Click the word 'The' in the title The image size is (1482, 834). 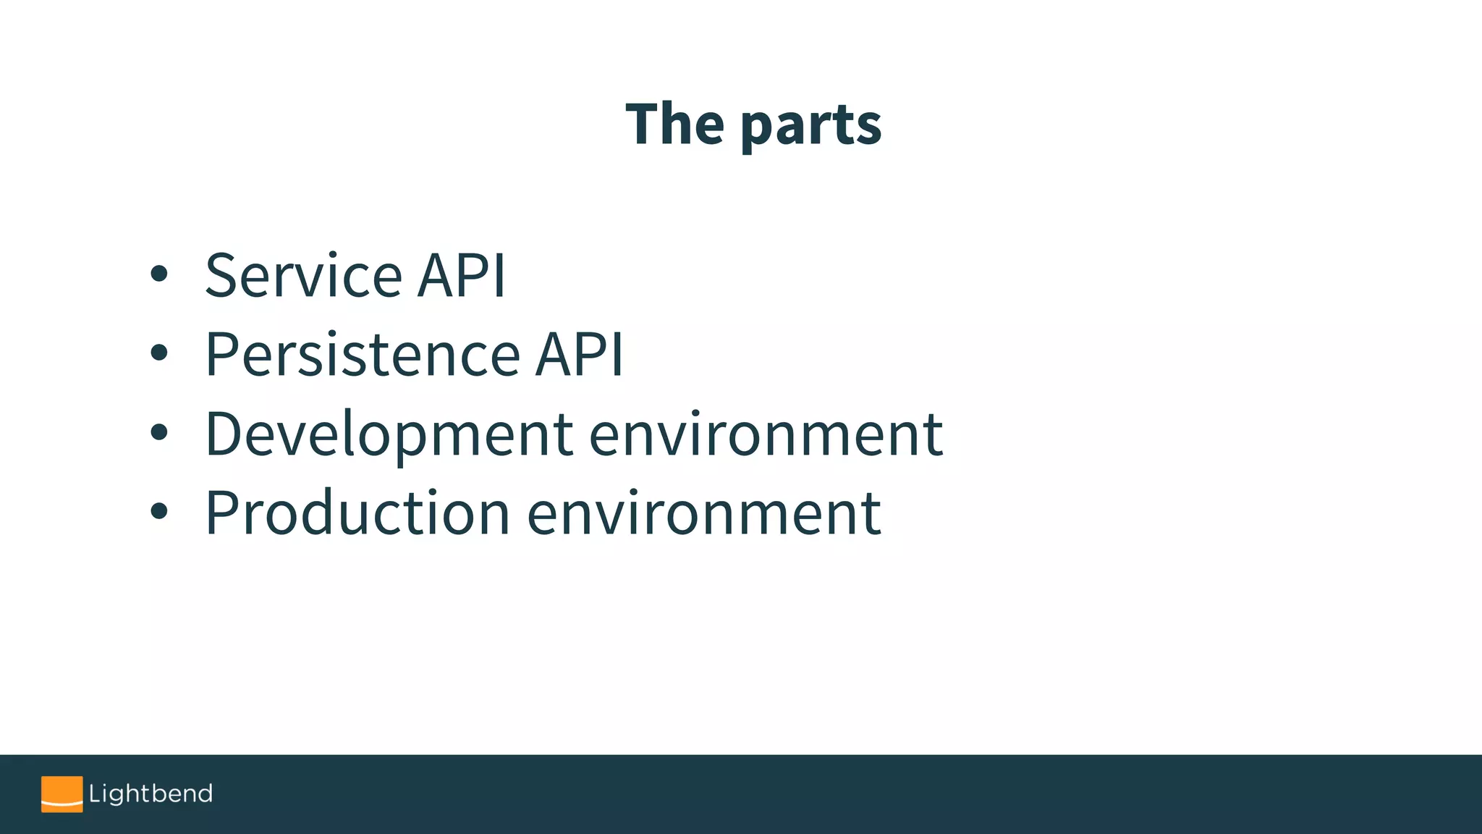click(674, 125)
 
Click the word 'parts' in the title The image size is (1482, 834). click(811, 127)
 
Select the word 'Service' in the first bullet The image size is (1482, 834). click(303, 276)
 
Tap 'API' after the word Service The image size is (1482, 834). click(462, 276)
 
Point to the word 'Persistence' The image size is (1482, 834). click(363, 355)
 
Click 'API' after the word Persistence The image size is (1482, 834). click(579, 355)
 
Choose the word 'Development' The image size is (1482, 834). click(389, 434)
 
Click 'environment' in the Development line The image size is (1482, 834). click(766, 434)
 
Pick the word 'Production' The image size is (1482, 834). click(357, 513)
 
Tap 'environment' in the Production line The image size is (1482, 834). click(704, 513)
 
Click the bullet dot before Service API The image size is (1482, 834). click(159, 274)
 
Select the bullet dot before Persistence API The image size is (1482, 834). click(159, 353)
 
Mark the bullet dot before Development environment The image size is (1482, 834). click(159, 433)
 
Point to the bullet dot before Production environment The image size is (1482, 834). click(159, 512)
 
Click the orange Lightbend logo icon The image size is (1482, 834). click(62, 794)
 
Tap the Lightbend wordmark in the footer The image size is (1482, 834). click(151, 794)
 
